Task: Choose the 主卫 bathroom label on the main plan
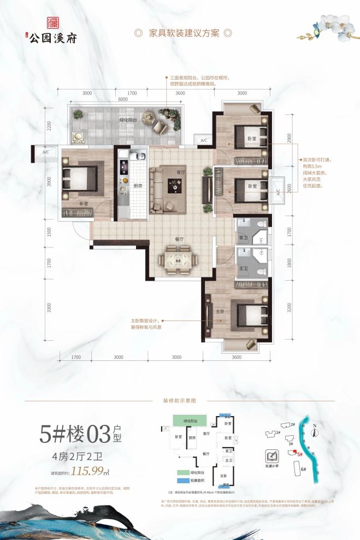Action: (243, 269)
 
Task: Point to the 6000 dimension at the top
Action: (123, 99)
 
